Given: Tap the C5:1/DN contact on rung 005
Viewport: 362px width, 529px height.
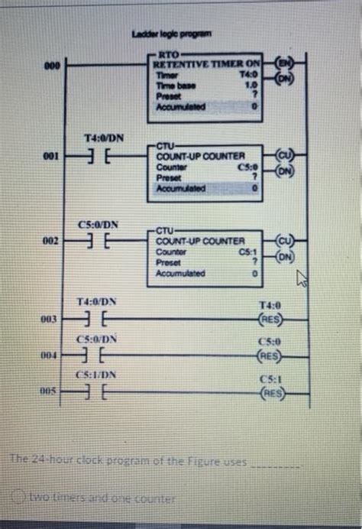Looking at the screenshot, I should [97, 391].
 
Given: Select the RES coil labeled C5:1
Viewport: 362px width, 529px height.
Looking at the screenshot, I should [271, 393].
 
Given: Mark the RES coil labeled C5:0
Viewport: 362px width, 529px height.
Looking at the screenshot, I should [271, 355].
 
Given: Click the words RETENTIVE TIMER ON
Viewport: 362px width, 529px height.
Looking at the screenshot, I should [204, 64].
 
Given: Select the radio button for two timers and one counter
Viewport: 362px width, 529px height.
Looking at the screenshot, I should [21, 498].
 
